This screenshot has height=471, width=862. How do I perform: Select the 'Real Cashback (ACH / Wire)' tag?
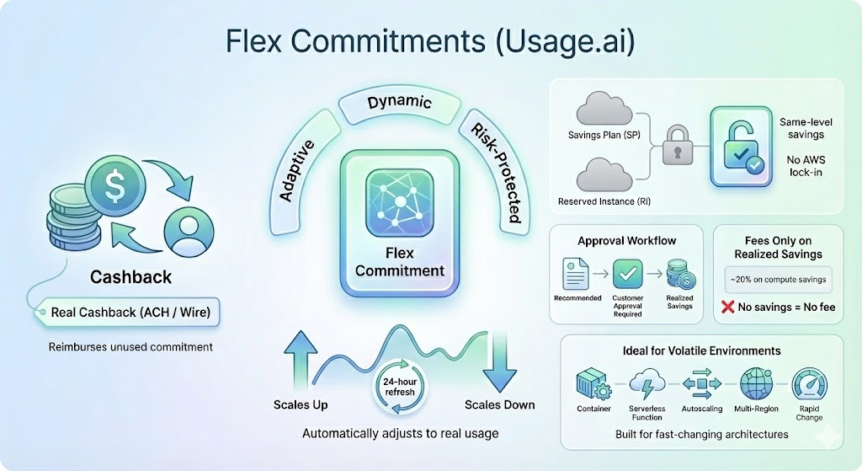[x=130, y=313]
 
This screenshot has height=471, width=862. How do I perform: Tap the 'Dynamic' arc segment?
[x=399, y=104]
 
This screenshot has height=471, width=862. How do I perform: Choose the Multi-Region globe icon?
[x=755, y=385]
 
